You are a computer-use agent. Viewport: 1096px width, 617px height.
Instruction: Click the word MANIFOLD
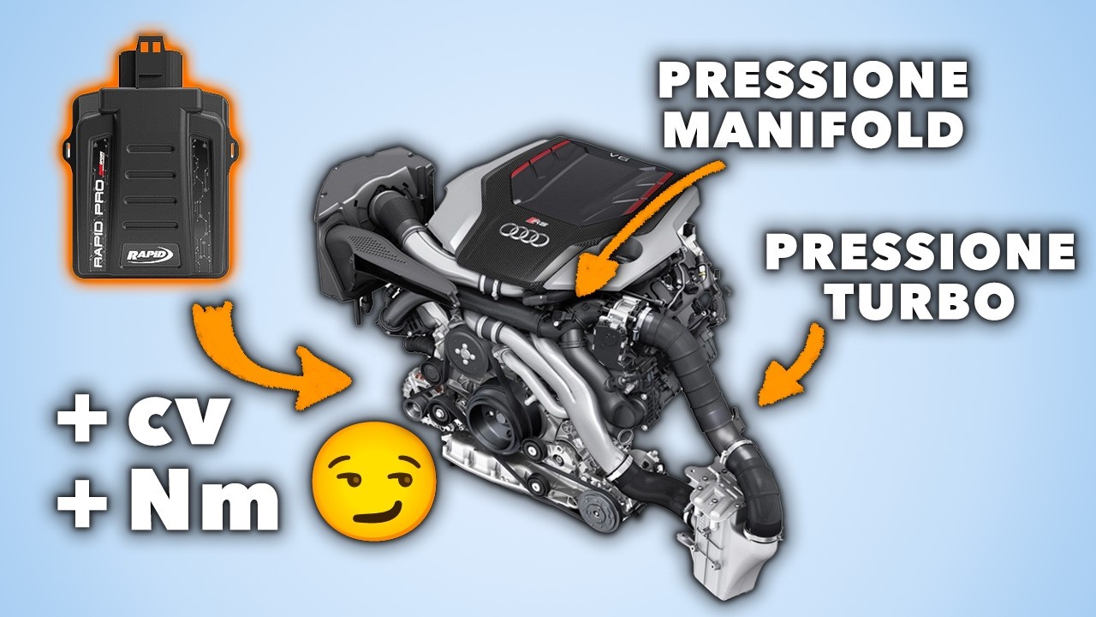(813, 128)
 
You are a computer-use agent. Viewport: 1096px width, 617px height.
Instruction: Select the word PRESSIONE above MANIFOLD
(813, 80)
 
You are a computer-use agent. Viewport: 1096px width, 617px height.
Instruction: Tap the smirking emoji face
(374, 482)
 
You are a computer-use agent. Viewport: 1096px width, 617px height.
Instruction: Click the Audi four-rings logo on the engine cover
(523, 234)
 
